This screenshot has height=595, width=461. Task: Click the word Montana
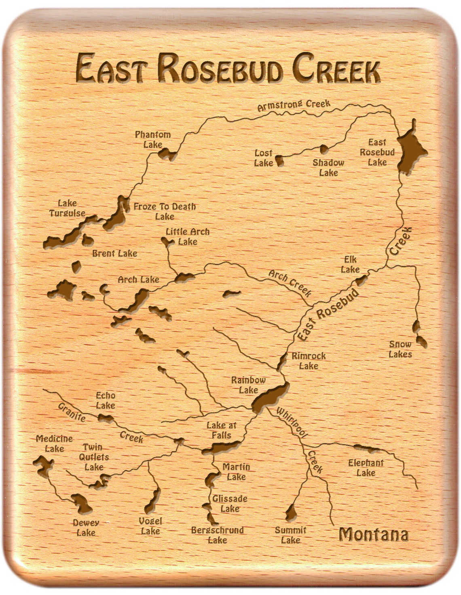[x=373, y=535]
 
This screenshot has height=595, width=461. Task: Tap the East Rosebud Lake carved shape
[x=409, y=152]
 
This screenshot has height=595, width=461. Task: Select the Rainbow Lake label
[x=248, y=385]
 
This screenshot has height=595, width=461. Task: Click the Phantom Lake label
[x=153, y=139]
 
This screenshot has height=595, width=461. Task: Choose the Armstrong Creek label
[x=294, y=105]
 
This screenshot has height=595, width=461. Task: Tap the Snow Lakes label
[x=400, y=349]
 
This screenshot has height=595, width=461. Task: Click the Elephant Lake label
[x=366, y=468]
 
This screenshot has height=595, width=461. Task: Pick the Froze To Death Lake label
[x=165, y=211]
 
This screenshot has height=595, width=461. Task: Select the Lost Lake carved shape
[x=279, y=161]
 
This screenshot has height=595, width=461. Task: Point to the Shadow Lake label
[x=328, y=168]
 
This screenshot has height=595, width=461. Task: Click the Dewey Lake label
[x=86, y=528]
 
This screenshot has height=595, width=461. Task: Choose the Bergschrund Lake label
[x=217, y=535]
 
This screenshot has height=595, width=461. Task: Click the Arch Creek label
[x=290, y=282]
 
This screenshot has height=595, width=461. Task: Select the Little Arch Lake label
[x=188, y=237]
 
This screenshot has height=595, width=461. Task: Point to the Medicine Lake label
[x=54, y=444]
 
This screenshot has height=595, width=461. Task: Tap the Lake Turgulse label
[x=67, y=208]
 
